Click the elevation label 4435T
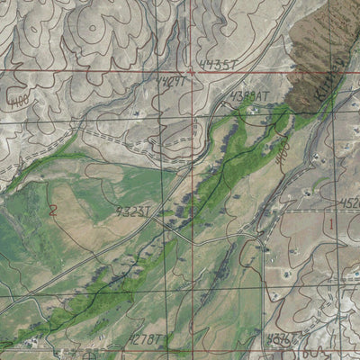[219, 64]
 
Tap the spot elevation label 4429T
[171, 81]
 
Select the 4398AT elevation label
[249, 94]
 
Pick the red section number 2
[54, 211]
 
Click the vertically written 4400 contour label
[282, 144]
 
